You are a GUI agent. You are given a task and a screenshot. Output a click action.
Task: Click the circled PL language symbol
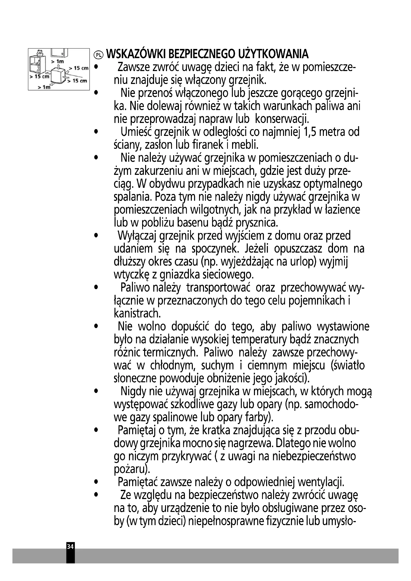98,54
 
